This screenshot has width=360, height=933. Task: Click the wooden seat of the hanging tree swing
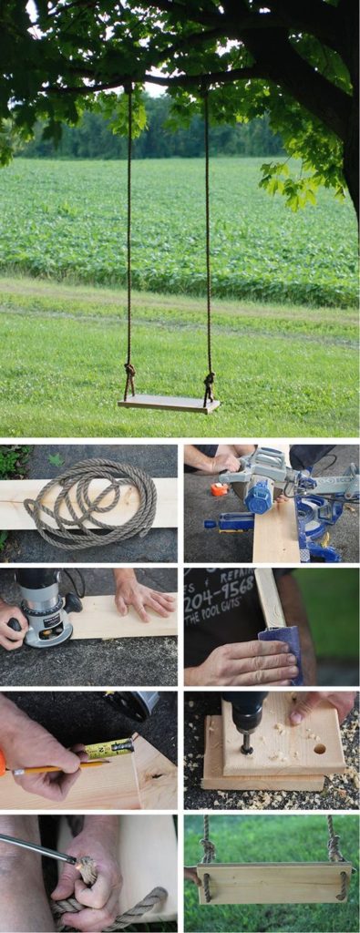169,403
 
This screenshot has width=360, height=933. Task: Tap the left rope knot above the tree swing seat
129,374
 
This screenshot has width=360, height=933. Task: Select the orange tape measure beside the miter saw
218,489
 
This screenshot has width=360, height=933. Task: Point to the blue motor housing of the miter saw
259,496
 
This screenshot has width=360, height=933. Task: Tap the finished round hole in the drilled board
319,748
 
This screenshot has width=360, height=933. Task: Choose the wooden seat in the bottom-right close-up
273,883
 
